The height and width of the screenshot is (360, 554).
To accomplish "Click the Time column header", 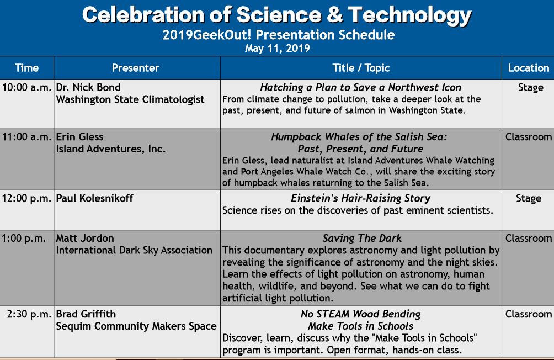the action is (x=26, y=68).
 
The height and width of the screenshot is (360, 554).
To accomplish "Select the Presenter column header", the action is (x=135, y=68).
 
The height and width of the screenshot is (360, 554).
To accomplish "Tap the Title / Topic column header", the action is (x=361, y=68).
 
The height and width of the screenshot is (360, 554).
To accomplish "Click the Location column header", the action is (x=529, y=68).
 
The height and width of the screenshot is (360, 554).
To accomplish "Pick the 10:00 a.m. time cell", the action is (x=26, y=87).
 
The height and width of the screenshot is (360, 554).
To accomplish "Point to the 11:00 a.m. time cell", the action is (x=26, y=137).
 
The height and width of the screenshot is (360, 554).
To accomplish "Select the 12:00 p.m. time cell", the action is (x=26, y=198).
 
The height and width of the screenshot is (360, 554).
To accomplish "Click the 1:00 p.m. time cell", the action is (x=23, y=239).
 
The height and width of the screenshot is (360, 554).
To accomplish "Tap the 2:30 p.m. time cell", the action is (x=29, y=314).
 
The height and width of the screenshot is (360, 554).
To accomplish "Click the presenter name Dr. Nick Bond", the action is (x=88, y=87).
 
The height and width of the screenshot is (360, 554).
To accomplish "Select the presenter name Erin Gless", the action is (x=79, y=137).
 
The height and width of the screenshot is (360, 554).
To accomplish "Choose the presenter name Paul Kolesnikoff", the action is (x=94, y=198).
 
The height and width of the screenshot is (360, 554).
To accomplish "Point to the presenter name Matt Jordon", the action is (x=85, y=239).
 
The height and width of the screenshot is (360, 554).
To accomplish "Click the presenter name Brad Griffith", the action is (x=86, y=314).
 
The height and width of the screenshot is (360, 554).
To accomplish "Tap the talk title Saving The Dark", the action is (x=362, y=239).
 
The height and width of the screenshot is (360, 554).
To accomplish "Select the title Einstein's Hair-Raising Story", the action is (x=360, y=198).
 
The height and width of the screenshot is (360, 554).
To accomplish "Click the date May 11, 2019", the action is (x=278, y=48).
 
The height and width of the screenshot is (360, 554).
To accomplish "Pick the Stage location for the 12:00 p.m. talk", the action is (x=529, y=198).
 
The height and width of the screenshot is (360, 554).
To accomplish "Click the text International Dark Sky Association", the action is (x=134, y=250).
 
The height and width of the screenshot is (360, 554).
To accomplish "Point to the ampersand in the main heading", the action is (x=334, y=15).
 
